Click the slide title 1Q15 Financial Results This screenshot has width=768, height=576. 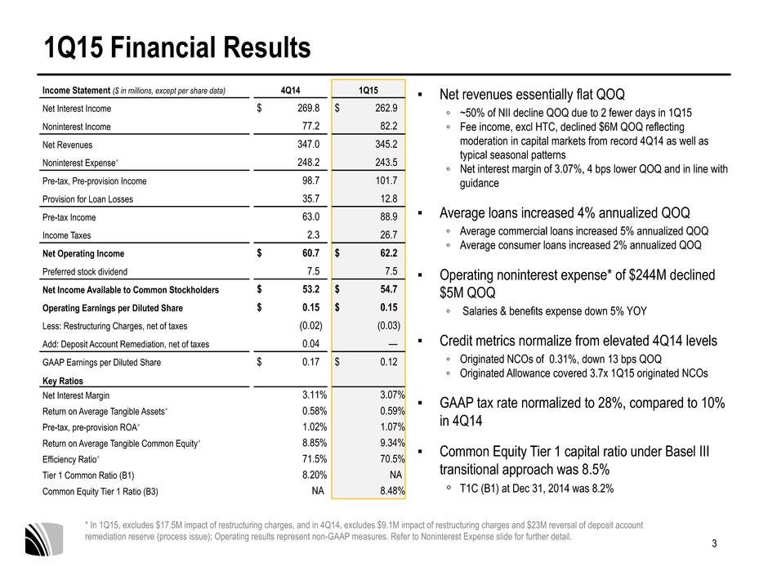pyautogui.click(x=177, y=47)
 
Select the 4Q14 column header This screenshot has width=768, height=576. pyautogui.click(x=290, y=90)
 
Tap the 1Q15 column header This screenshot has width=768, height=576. pyautogui.click(x=368, y=90)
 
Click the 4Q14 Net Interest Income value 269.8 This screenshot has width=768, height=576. pyautogui.click(x=309, y=108)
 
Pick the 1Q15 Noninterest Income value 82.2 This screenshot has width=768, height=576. pyautogui.click(x=389, y=126)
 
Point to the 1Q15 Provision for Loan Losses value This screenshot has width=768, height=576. pyautogui.click(x=389, y=199)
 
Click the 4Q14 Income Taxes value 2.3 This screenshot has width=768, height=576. pyautogui.click(x=314, y=234)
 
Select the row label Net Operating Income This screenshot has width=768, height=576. pyautogui.click(x=83, y=254)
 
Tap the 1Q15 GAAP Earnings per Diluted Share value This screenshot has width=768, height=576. pyautogui.click(x=389, y=362)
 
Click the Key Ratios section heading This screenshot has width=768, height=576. pyautogui.click(x=63, y=381)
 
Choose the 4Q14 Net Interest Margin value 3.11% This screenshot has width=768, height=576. pyautogui.click(x=315, y=395)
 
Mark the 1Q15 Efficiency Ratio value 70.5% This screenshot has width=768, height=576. pyautogui.click(x=392, y=459)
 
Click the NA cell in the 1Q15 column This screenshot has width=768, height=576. pyautogui.click(x=395, y=475)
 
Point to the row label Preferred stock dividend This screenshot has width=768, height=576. pyautogui.click(x=85, y=272)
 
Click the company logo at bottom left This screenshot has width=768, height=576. pyautogui.click(x=44, y=539)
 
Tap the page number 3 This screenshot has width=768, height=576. pyautogui.click(x=714, y=543)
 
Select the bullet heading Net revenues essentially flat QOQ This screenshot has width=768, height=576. pyautogui.click(x=532, y=94)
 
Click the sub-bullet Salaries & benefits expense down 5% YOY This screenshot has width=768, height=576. pyautogui.click(x=555, y=311)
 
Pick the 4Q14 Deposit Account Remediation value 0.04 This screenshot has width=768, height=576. pyautogui.click(x=311, y=344)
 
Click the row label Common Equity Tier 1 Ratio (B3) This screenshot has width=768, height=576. pyautogui.click(x=100, y=491)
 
